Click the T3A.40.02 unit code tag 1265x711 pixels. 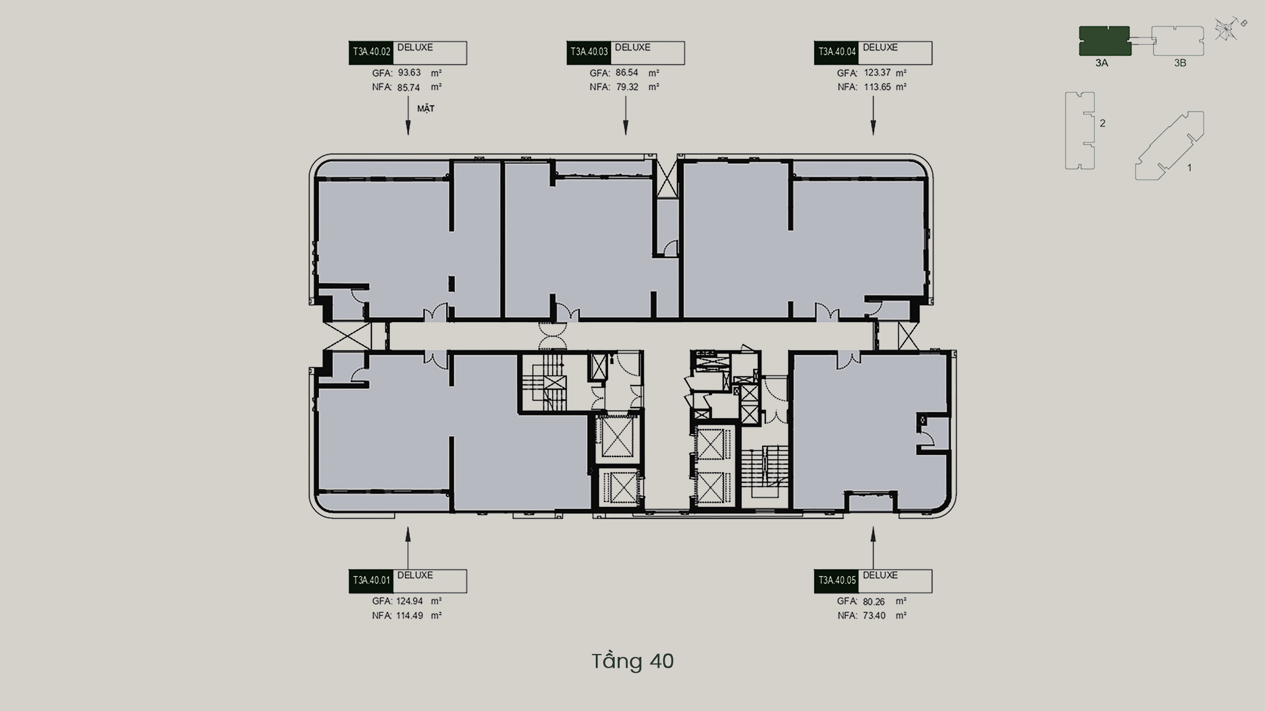[x=371, y=53]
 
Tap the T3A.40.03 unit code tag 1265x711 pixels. [x=589, y=53]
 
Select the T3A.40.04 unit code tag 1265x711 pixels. [x=836, y=53]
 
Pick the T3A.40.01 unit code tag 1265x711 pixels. [x=371, y=581]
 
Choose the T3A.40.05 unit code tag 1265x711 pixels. [x=836, y=581]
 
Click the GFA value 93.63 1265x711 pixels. [x=409, y=72]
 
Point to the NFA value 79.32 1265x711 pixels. [x=627, y=87]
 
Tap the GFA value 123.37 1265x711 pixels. [x=877, y=72]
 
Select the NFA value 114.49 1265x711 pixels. [x=409, y=615]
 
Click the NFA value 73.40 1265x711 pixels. [x=874, y=615]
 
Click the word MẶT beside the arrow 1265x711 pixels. [x=426, y=109]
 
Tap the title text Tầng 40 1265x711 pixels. [x=632, y=661]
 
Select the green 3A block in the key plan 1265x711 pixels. [x=1105, y=41]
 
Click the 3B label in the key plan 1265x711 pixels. [x=1180, y=63]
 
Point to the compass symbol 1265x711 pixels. [x=1228, y=29]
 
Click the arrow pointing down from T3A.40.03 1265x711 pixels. [x=626, y=116]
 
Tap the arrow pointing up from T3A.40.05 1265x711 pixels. [x=873, y=548]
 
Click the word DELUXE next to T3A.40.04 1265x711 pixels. [x=880, y=48]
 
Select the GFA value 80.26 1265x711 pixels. [x=874, y=601]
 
